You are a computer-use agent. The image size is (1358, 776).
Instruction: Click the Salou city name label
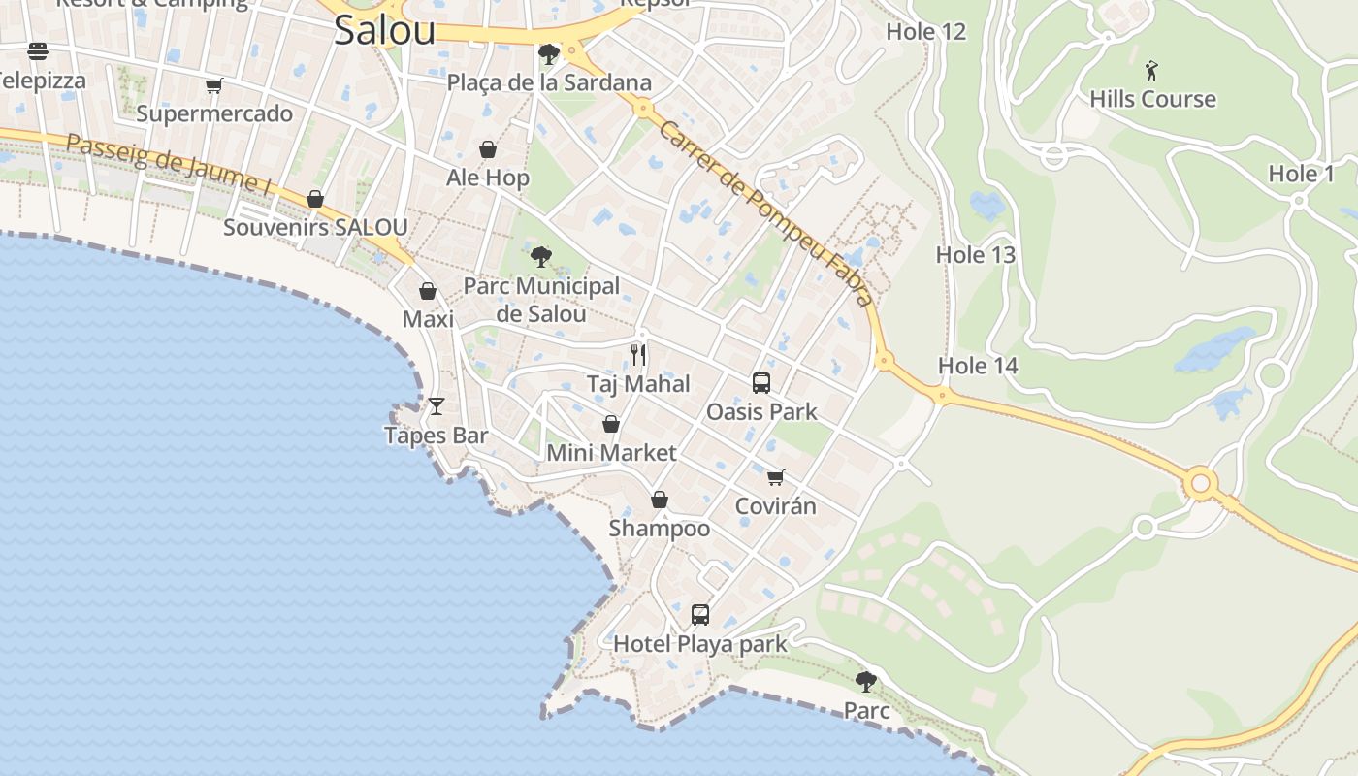[384, 30]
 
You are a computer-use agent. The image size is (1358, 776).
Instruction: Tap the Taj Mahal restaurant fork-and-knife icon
[638, 354]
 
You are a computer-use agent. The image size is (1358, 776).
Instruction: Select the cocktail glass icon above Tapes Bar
[436, 405]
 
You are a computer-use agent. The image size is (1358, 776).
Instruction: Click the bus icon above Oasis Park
[761, 383]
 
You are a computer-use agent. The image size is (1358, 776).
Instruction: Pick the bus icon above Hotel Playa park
[700, 614]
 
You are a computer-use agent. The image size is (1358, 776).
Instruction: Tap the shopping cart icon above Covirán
[775, 477]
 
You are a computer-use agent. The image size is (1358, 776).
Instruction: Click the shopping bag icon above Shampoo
[660, 500]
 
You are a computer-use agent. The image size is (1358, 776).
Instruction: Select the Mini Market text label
[611, 453]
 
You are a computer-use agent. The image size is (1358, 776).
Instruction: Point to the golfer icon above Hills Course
[1151, 71]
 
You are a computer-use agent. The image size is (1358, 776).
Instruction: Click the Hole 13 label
[975, 255]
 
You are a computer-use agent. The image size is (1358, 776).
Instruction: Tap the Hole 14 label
[978, 366]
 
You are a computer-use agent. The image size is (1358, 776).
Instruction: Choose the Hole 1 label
[1302, 175]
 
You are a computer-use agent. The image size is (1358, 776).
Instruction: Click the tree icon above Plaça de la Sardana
[549, 52]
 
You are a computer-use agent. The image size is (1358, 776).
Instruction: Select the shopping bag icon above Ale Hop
[488, 149]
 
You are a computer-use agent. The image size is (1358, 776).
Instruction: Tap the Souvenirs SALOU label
[315, 228]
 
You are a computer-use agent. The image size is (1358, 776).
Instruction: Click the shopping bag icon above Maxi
[427, 291]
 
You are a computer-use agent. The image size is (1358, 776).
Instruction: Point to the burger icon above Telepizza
[38, 50]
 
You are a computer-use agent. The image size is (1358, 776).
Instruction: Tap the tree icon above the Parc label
[866, 681]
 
